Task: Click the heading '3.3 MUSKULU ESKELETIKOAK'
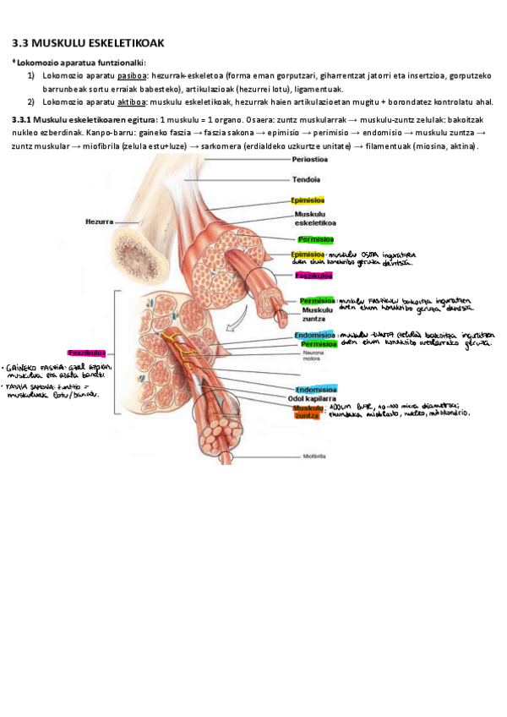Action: (93, 42)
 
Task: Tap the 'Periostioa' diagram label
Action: (310, 160)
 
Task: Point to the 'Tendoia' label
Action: (306, 179)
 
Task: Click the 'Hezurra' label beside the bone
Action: (99, 222)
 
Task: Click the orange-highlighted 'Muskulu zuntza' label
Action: (308, 412)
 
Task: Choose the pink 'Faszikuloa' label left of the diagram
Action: (85, 352)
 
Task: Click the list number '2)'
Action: (30, 101)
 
